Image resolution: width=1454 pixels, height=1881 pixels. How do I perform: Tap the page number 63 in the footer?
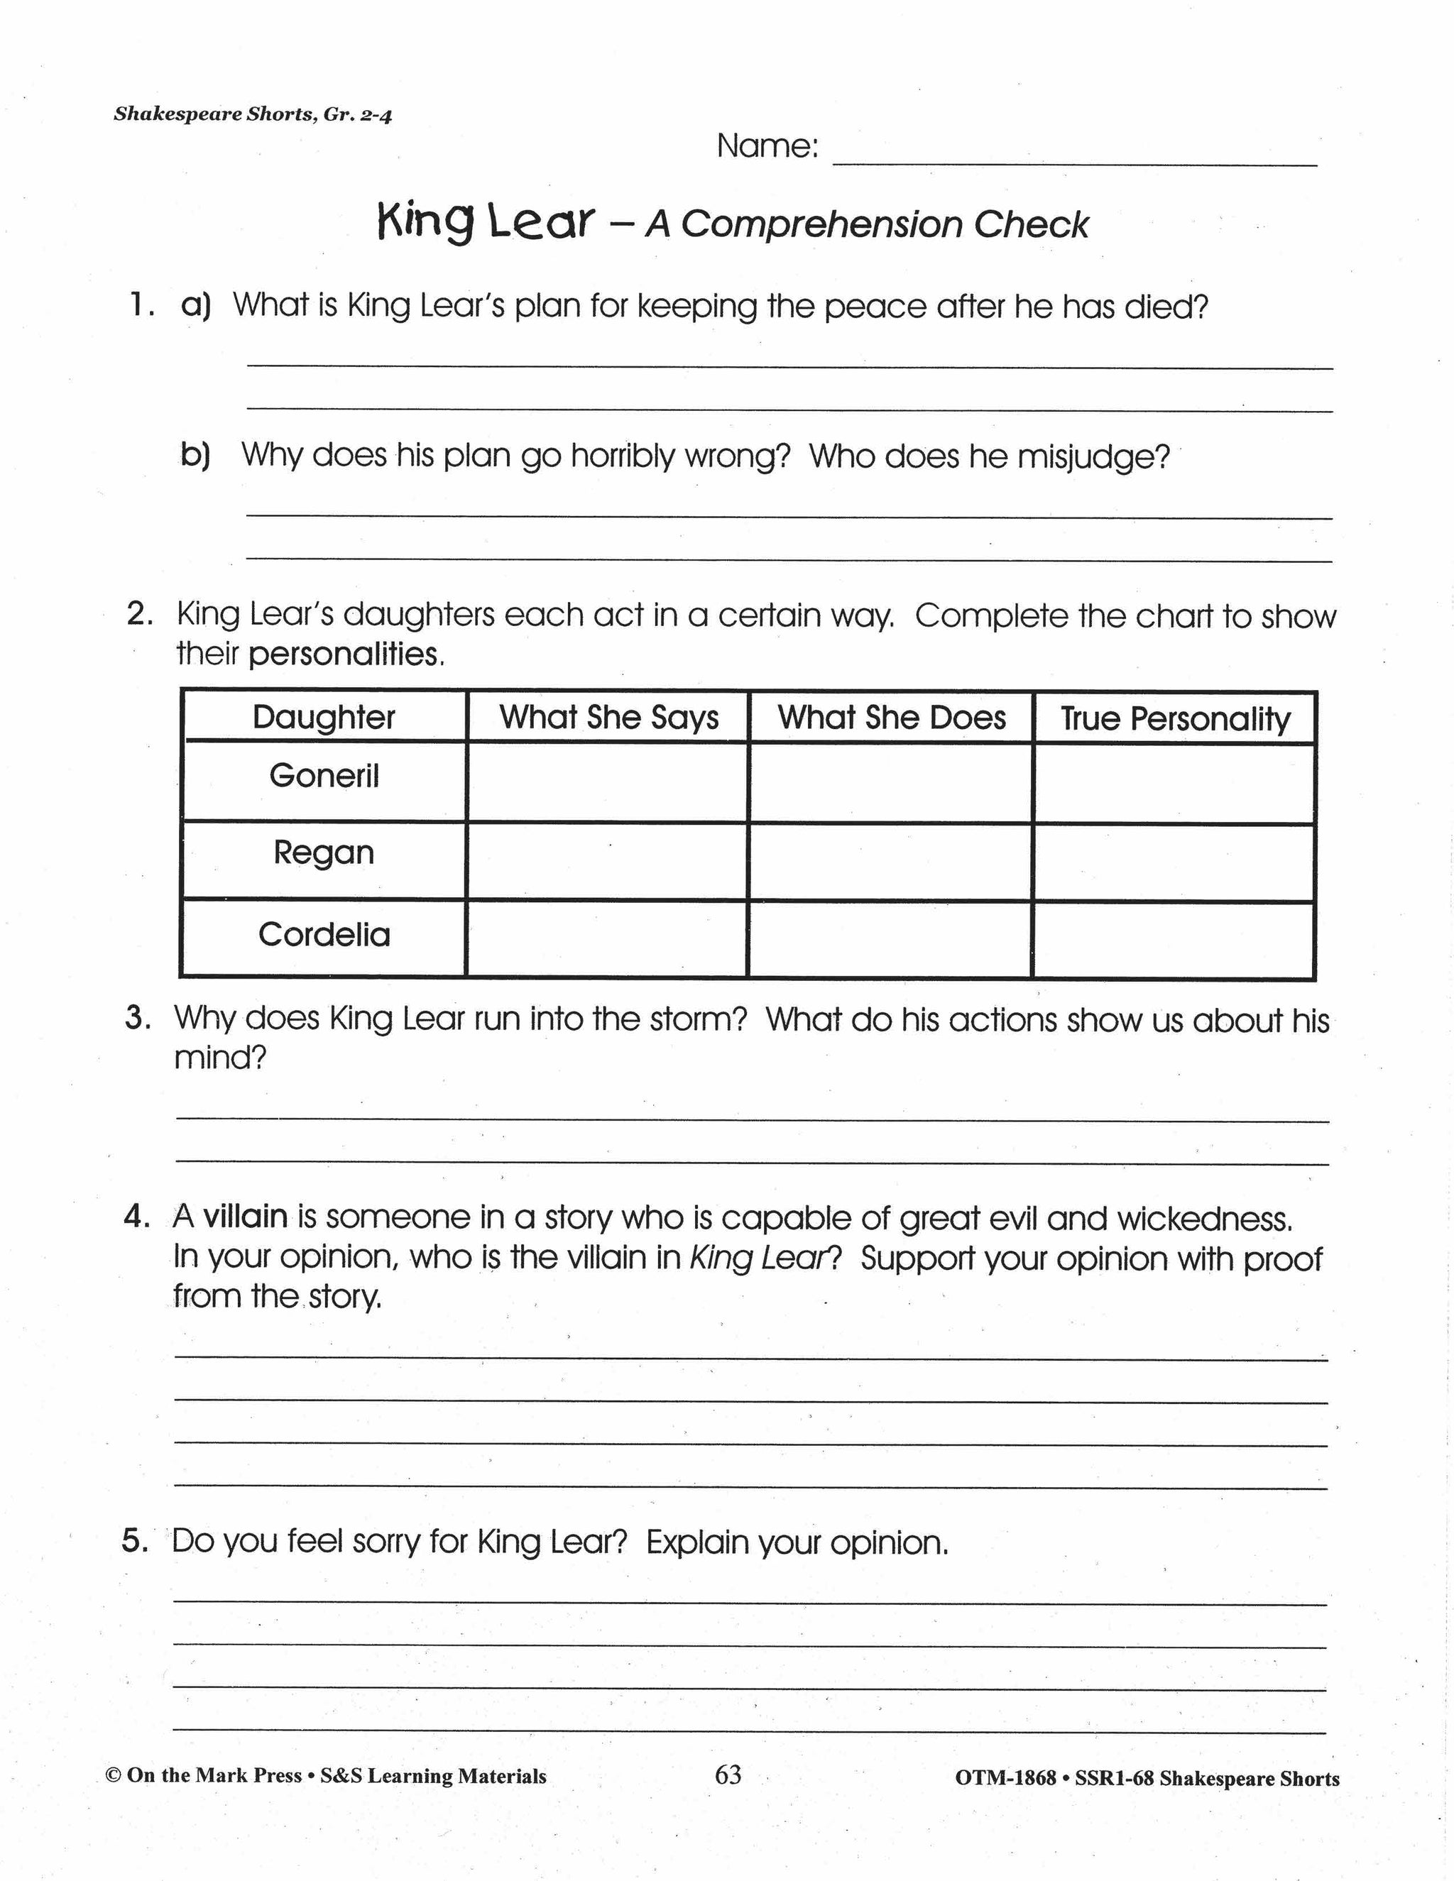(x=728, y=1775)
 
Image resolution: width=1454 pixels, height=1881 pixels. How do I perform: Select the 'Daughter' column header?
(x=324, y=718)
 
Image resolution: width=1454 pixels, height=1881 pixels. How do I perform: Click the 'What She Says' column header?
(x=608, y=718)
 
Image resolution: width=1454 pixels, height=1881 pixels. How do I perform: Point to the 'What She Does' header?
(x=892, y=718)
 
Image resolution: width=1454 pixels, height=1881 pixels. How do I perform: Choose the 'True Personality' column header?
(x=1175, y=719)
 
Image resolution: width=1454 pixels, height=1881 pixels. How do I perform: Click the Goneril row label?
(x=324, y=776)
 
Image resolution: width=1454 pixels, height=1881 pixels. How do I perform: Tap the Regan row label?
(x=324, y=852)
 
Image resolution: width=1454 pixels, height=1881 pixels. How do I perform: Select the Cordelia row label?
(x=324, y=935)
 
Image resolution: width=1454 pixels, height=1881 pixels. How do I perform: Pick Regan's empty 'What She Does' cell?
(x=891, y=861)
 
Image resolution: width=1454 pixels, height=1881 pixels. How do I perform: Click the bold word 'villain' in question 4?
(x=246, y=1217)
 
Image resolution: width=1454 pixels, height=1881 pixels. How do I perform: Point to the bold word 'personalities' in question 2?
(x=344, y=655)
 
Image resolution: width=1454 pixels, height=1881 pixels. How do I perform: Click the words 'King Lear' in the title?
(x=486, y=222)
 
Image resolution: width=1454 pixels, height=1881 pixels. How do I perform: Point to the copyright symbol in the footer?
(x=113, y=1776)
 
